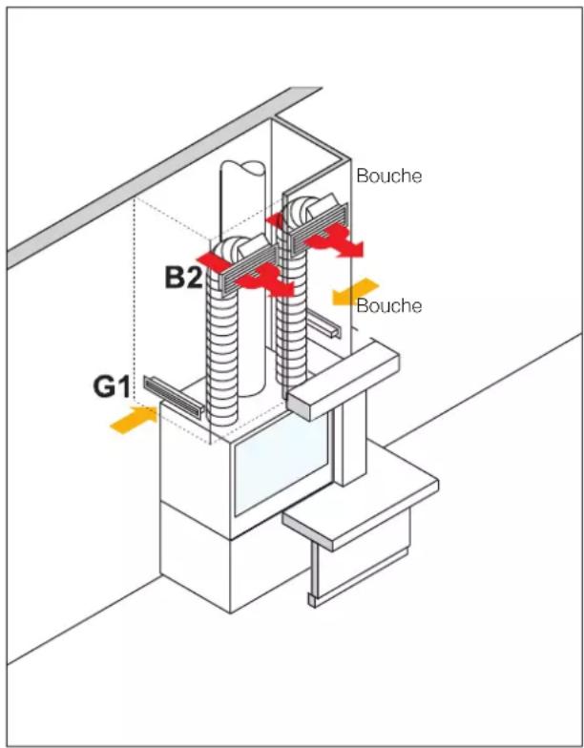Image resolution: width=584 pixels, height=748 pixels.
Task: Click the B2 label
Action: (183, 278)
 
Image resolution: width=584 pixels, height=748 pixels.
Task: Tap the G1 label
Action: (111, 386)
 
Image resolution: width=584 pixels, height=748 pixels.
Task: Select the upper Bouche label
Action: (389, 176)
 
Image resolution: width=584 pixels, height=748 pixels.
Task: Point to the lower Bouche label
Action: (389, 305)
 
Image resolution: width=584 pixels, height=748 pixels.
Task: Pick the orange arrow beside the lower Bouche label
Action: (355, 292)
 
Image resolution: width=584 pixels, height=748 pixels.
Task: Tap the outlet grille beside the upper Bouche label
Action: (320, 227)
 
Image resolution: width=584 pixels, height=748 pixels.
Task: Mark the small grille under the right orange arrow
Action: (323, 324)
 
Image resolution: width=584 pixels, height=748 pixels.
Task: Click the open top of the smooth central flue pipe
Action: (242, 170)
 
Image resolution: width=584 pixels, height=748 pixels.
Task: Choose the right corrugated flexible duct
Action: (291, 310)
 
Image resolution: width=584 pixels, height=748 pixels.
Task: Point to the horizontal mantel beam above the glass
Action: (342, 378)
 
